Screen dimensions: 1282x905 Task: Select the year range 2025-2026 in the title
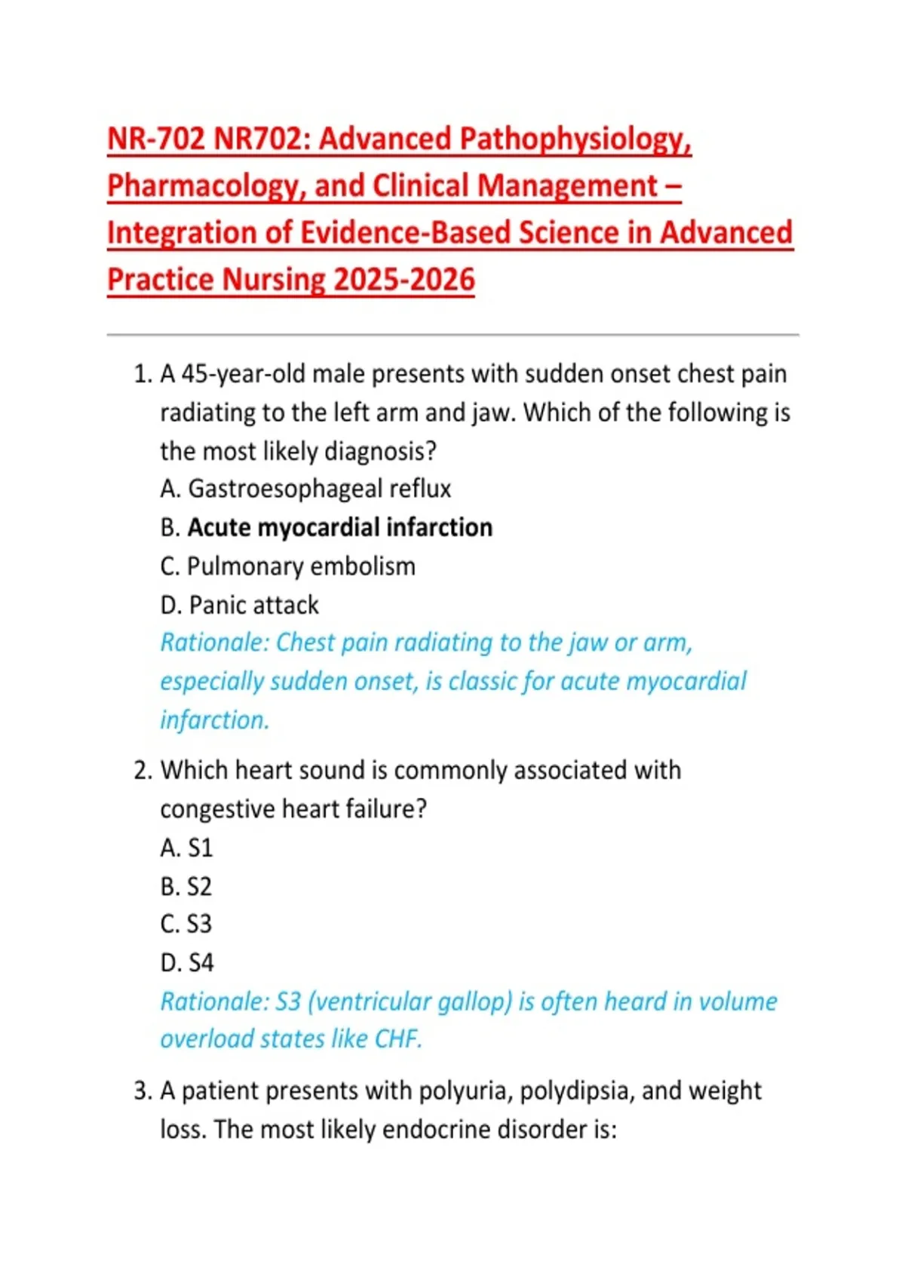404,281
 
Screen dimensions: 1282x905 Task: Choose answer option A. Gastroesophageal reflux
305,489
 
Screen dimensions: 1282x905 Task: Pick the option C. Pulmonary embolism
287,566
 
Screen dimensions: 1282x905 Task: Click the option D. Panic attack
239,606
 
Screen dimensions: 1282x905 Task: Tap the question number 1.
143,375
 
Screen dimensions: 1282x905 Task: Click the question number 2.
143,771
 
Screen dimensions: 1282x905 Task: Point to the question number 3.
143,1091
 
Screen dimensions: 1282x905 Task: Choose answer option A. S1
186,848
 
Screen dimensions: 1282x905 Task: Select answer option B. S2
186,887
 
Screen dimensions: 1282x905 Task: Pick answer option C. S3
186,925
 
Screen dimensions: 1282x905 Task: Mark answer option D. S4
187,963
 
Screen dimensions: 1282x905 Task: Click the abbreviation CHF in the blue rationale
397,1040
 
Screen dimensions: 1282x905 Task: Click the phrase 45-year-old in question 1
243,375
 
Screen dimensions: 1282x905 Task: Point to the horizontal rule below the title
452,334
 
